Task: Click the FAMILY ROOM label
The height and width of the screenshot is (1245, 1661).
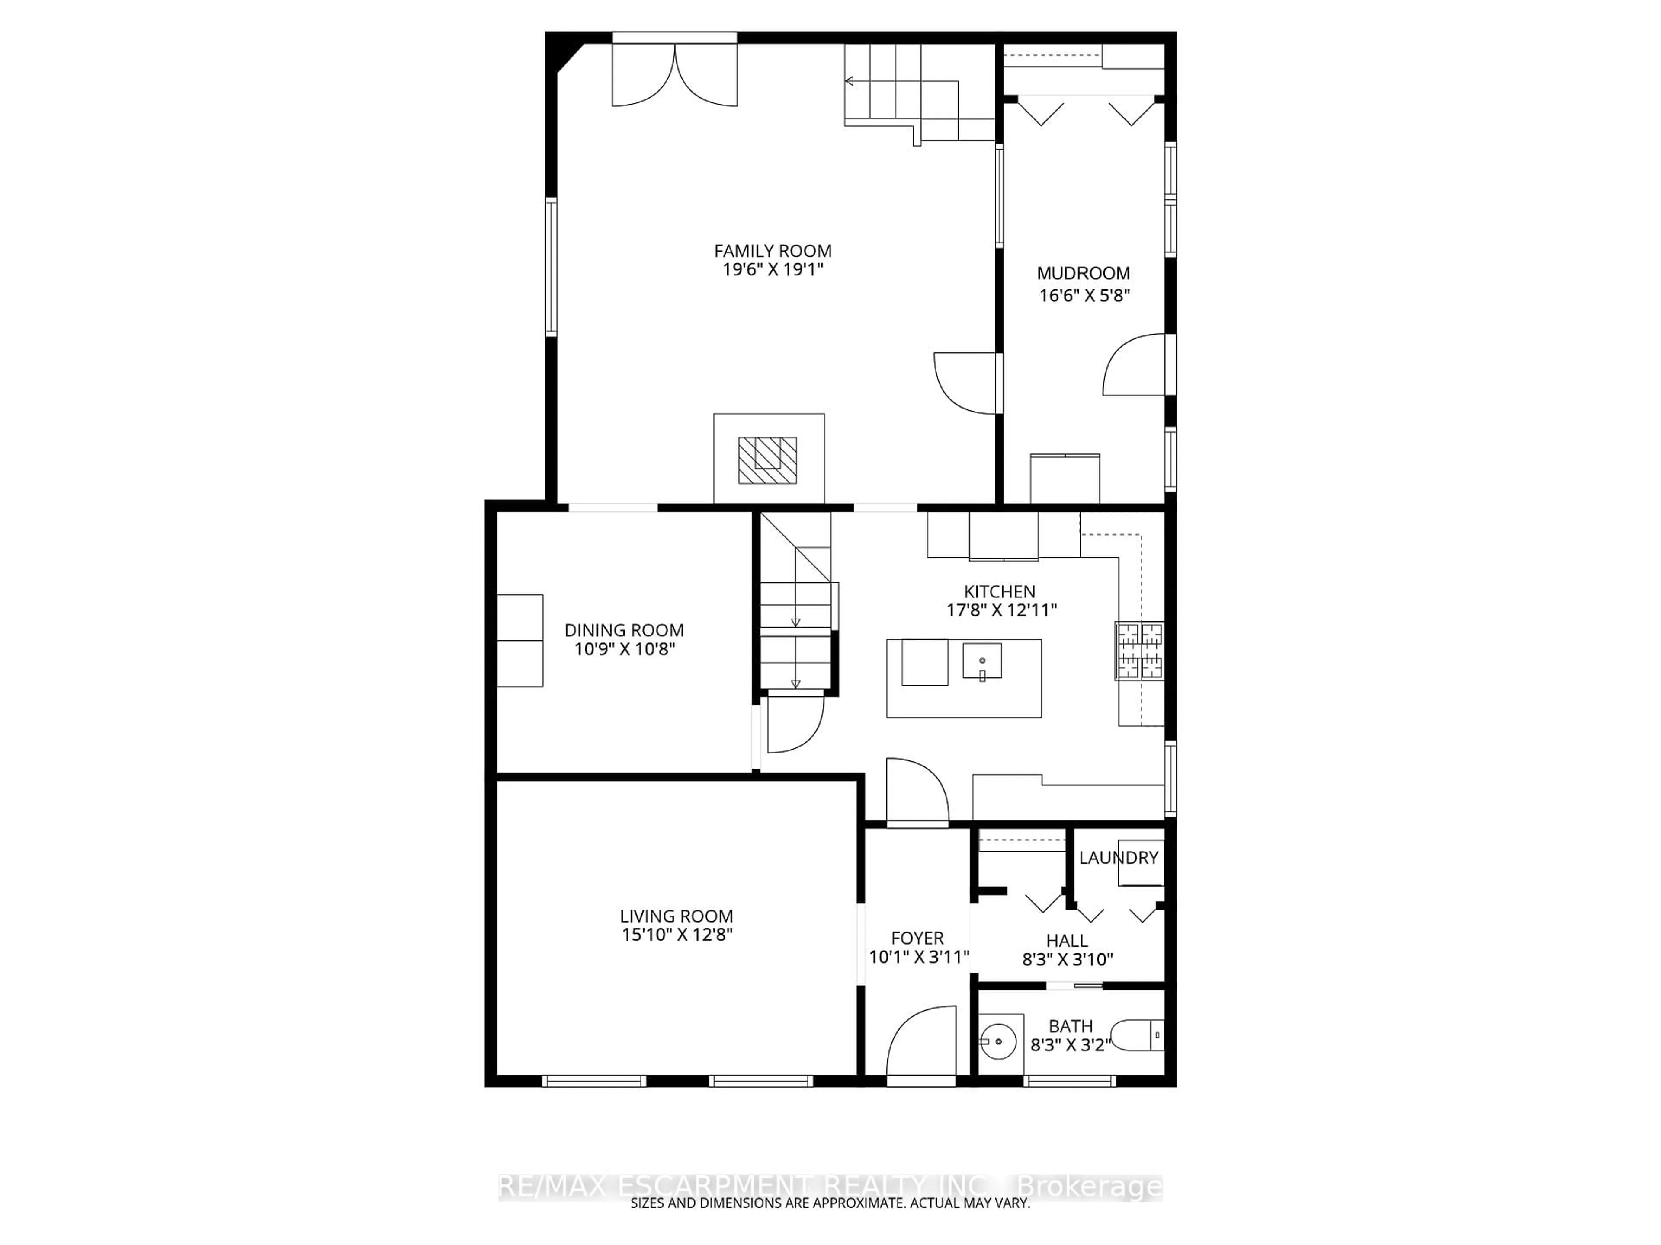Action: coord(772,251)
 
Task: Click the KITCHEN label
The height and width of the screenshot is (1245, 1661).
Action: coord(1000,591)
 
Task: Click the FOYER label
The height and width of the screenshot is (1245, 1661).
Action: coord(917,938)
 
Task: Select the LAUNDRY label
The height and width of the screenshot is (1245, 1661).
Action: coord(1118,858)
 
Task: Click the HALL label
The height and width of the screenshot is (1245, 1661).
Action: coord(1067,940)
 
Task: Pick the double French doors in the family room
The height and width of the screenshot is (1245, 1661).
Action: coord(675,75)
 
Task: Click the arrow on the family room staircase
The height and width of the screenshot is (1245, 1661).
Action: coord(849,81)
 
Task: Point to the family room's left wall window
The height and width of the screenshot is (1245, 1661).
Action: coord(551,266)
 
